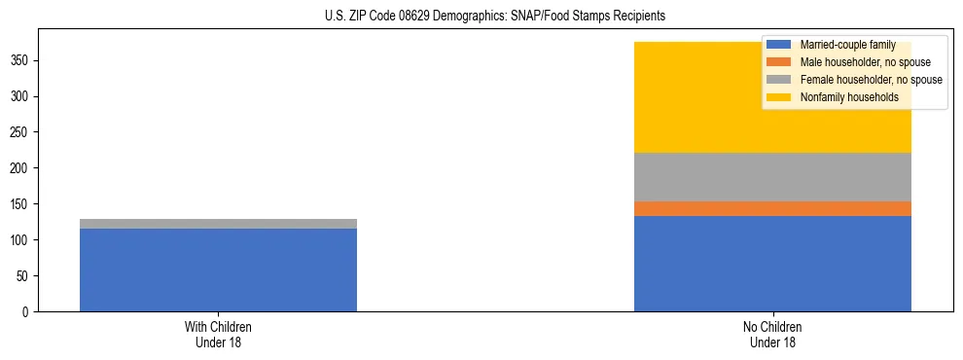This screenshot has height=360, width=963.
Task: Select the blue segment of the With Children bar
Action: tap(218, 270)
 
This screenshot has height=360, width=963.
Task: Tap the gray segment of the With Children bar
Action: tap(218, 224)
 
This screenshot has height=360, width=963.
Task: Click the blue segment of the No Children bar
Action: tap(772, 264)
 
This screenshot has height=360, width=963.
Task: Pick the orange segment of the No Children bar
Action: tap(772, 208)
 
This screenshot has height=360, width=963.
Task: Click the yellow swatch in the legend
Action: tap(779, 97)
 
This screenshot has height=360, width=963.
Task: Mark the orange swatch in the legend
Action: tap(779, 62)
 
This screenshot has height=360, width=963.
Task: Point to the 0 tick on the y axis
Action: tap(28, 312)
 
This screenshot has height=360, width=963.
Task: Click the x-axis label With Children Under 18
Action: tap(218, 335)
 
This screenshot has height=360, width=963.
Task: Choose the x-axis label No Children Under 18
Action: tap(772, 335)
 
